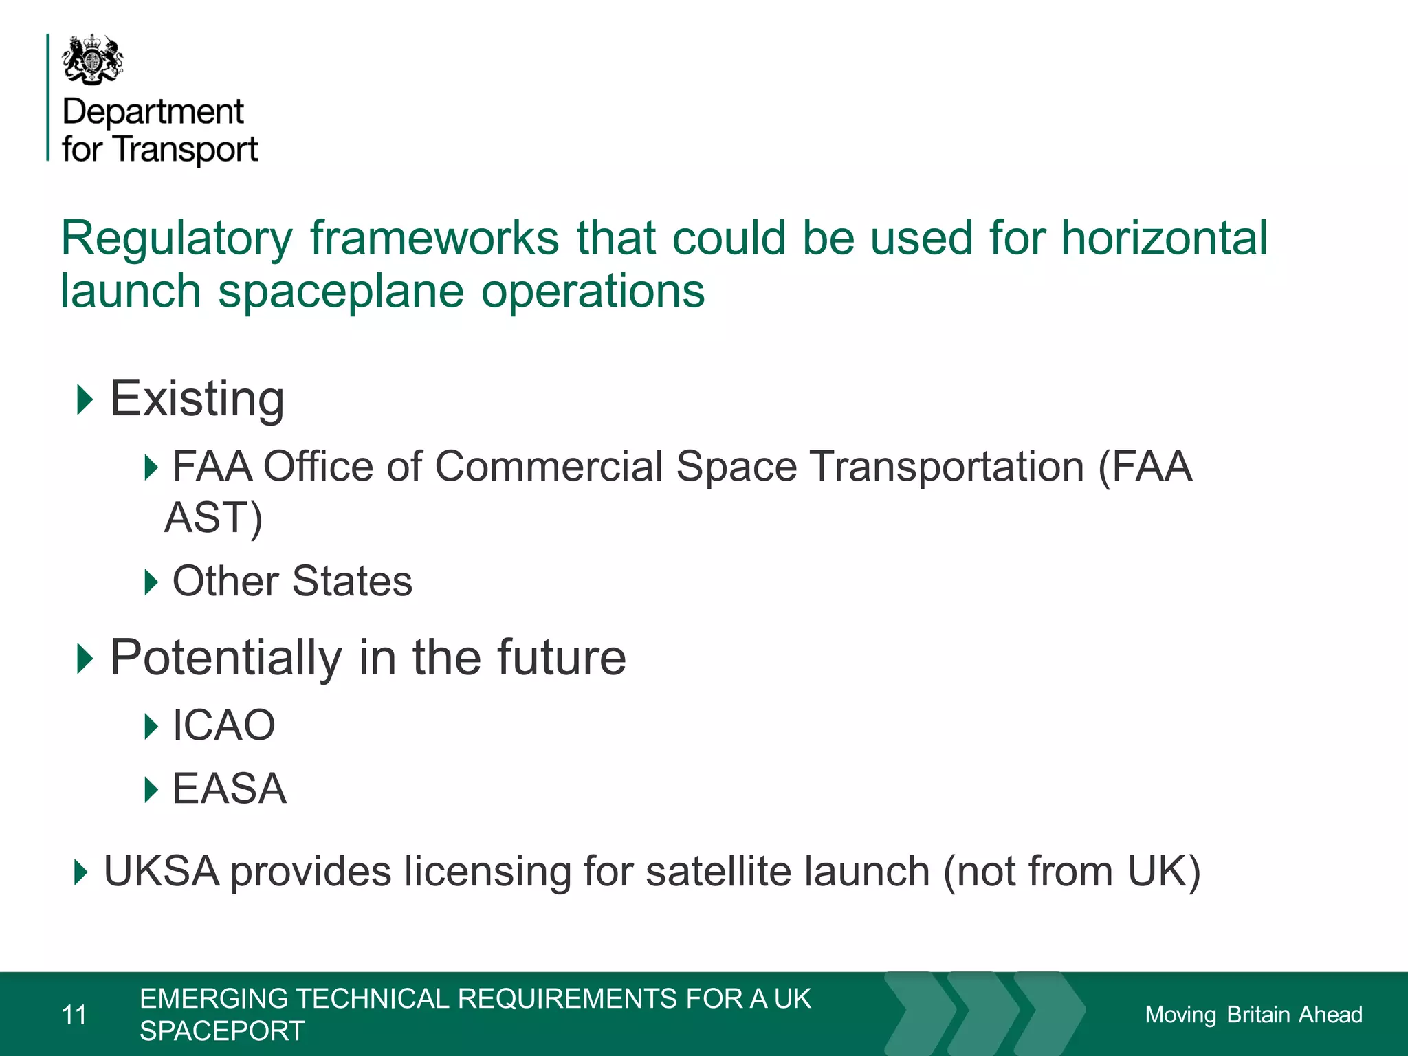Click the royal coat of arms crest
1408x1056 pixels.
click(x=93, y=60)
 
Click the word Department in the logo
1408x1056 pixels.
click(x=153, y=112)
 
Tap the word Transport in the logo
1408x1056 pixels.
click(x=186, y=149)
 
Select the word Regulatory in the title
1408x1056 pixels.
click(x=177, y=239)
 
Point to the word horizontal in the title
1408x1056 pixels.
click(x=1164, y=239)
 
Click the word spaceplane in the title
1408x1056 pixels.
click(x=341, y=291)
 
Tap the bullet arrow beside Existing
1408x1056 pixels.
click(x=85, y=399)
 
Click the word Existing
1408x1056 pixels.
click(x=197, y=399)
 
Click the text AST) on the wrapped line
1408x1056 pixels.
click(x=214, y=518)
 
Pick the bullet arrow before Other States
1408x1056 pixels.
click(x=151, y=582)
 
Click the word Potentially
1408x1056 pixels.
click(x=225, y=658)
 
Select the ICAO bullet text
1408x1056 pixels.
click(x=223, y=725)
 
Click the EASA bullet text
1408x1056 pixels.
click(x=229, y=789)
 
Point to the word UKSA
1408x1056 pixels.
click(x=162, y=872)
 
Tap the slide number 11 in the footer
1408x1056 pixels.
click(x=74, y=1015)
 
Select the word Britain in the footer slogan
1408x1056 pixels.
click(x=1258, y=1015)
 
